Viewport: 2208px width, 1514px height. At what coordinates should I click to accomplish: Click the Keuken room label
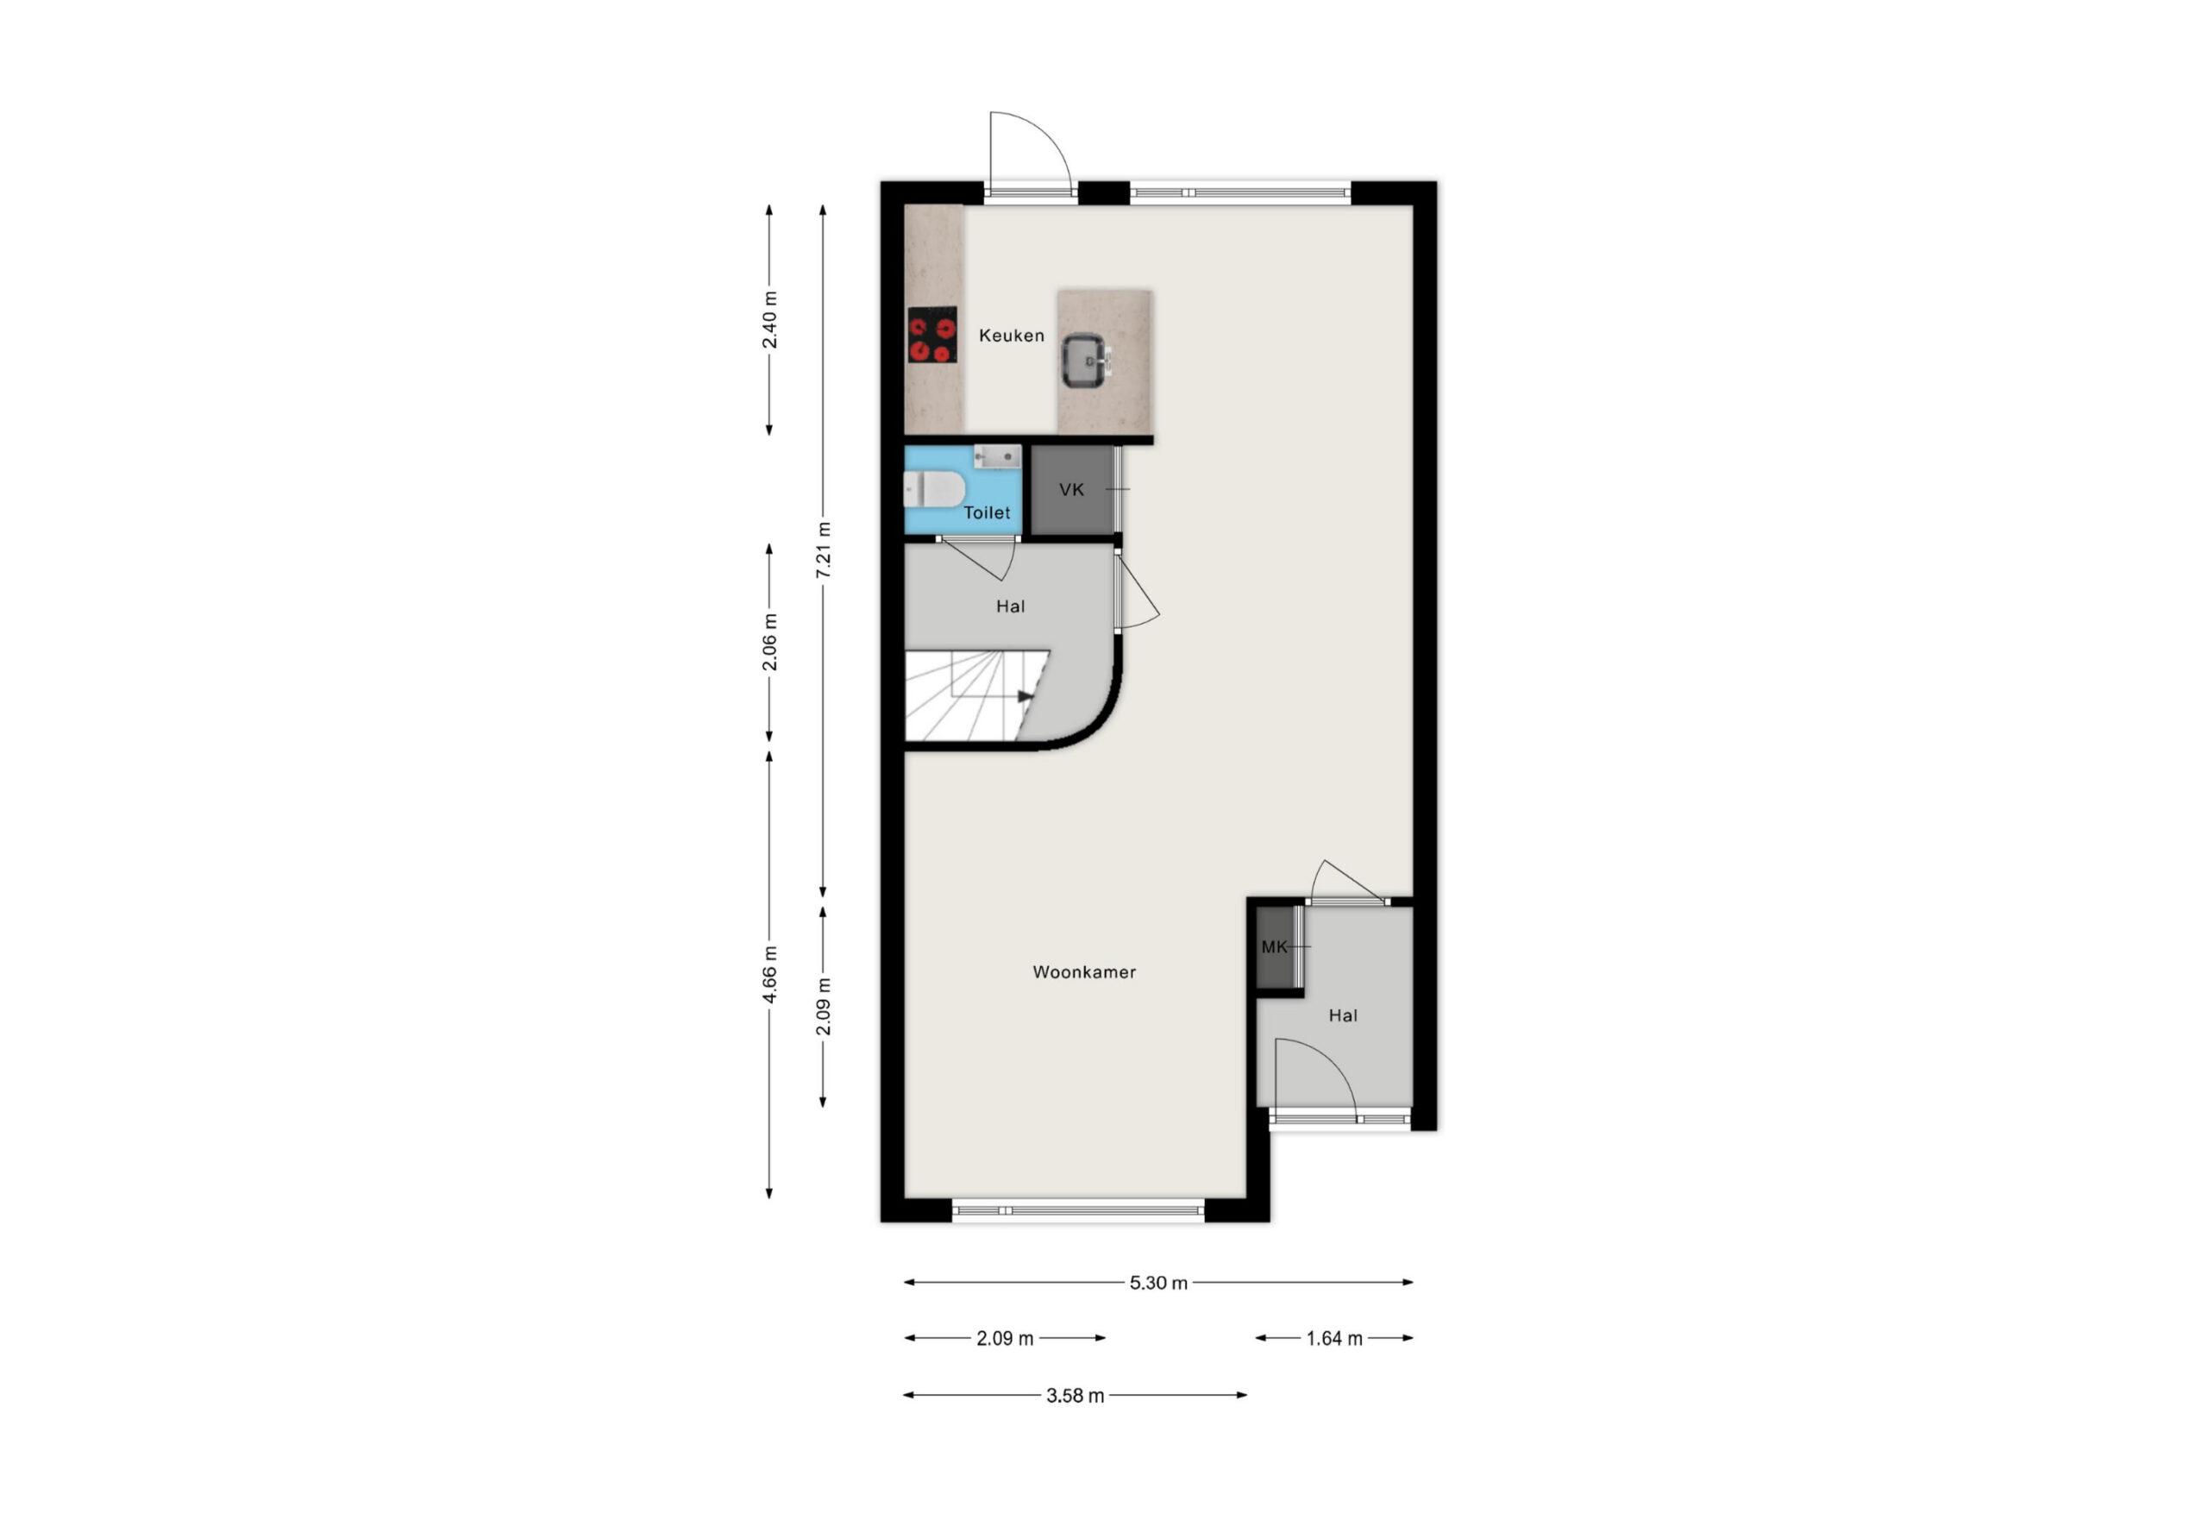tap(1011, 336)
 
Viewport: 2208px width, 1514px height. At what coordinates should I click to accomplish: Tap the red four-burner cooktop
tap(932, 335)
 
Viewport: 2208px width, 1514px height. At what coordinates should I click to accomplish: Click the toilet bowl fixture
tap(934, 490)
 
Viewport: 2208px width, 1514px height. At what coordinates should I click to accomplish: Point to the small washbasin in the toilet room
tap(997, 456)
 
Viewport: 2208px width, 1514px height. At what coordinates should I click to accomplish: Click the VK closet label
tap(1072, 489)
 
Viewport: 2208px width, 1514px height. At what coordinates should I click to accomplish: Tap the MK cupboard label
tap(1274, 946)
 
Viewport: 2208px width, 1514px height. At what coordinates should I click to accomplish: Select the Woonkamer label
tap(1084, 972)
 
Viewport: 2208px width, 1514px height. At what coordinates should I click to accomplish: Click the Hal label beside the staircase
tap(1010, 606)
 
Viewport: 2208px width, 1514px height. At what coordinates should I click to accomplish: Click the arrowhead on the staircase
tap(1026, 697)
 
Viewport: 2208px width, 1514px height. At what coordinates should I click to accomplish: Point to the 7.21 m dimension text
tap(824, 550)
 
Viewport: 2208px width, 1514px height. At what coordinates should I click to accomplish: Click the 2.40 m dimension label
tap(769, 320)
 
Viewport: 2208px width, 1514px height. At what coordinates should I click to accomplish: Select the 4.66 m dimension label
tap(769, 974)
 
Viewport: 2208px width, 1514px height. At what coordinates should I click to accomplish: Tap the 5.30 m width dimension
tap(1158, 1283)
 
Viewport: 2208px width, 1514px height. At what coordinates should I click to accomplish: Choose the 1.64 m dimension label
tap(1334, 1339)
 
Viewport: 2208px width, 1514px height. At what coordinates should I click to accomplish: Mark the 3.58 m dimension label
tap(1075, 1396)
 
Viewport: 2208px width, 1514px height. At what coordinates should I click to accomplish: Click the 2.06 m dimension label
tap(769, 643)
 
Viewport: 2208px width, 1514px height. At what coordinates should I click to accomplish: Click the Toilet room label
tap(988, 513)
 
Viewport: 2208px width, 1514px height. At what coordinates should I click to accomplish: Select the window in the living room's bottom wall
tap(1078, 1211)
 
